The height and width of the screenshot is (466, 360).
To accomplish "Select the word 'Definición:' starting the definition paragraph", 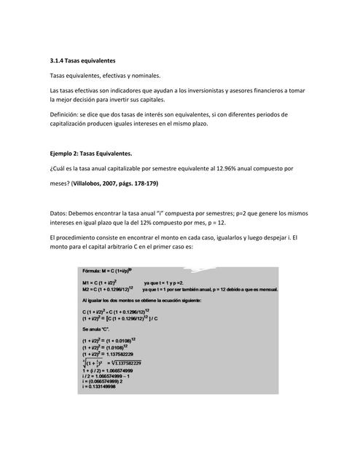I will click(x=63, y=114).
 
